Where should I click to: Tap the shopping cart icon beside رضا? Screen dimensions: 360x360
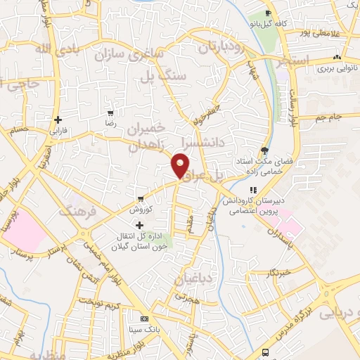click(x=110, y=113)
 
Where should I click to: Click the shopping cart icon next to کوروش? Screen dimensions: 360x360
click(x=141, y=198)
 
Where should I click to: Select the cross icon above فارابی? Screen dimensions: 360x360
click(x=56, y=120)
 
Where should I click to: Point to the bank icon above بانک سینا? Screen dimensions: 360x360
click(x=145, y=318)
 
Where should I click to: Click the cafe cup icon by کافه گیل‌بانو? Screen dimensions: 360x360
click(x=268, y=13)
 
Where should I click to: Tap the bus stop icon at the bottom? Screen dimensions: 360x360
click(x=265, y=352)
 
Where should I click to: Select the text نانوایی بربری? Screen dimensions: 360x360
click(x=332, y=69)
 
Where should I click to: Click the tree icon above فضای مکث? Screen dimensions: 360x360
click(x=264, y=150)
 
